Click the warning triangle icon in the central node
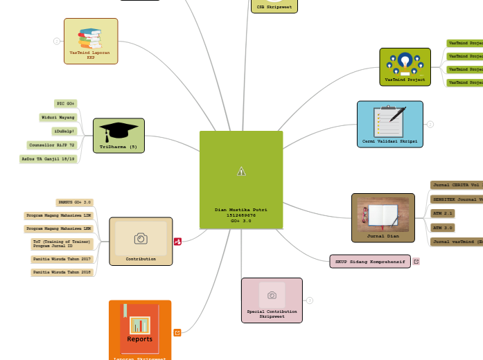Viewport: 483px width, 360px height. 241,171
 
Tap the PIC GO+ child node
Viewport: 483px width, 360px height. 66,103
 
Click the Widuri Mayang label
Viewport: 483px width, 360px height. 58,117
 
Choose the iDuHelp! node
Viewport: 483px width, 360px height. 64,131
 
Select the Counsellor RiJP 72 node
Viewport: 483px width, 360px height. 52,145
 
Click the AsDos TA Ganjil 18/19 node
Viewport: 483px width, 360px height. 48,159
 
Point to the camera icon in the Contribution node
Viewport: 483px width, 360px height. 141,238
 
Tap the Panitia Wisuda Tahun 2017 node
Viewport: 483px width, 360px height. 62,259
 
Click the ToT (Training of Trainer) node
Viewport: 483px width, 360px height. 62,243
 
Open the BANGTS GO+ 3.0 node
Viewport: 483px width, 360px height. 74,202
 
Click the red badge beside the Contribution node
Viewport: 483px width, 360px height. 178,242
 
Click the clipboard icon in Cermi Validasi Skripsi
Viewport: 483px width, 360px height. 389,121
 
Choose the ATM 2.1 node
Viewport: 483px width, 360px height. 442,213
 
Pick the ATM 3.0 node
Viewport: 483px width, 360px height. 442,227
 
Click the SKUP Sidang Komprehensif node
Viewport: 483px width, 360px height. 370,261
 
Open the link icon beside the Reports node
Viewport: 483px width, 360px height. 177,332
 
